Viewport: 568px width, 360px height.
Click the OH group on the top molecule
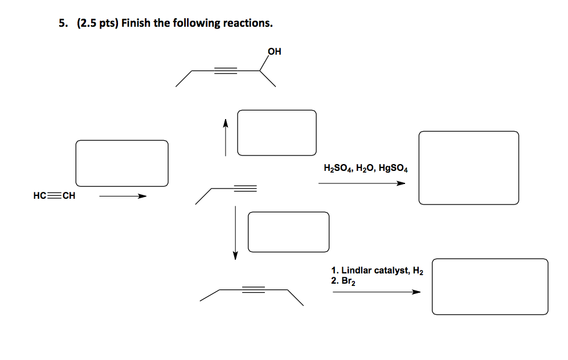274,51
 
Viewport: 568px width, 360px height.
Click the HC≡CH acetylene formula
54,195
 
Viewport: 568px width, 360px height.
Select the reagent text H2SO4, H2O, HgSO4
366,169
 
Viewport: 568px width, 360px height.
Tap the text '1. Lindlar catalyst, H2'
377,271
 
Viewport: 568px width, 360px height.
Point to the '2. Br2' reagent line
343,281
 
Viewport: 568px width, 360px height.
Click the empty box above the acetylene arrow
122,163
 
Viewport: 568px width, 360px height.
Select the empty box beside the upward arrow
277,133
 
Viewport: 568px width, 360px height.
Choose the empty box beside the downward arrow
288,232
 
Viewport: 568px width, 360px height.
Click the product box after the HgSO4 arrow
469,167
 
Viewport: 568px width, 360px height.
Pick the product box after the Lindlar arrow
490,287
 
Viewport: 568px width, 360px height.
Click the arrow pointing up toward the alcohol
225,138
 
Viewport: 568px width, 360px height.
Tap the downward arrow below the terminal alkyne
235,233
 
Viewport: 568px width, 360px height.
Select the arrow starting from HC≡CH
123,197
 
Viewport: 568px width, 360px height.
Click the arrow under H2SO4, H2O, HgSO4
362,183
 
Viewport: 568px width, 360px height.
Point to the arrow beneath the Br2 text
377,292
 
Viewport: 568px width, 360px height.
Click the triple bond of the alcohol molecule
225,71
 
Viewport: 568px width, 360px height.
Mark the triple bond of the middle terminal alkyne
245,189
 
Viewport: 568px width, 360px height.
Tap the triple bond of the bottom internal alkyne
254,289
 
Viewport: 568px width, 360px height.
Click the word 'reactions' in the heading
248,23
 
